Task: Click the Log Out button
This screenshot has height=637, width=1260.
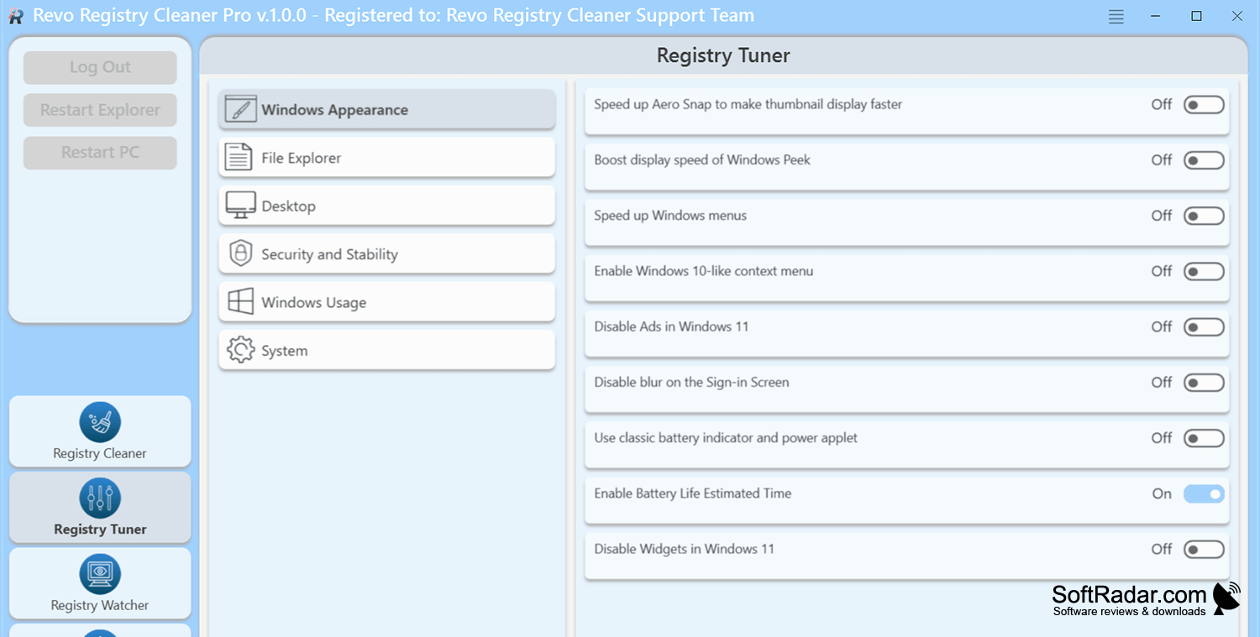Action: pos(100,67)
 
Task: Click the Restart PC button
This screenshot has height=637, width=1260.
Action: pos(100,153)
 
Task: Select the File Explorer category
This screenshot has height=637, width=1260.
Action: pos(387,158)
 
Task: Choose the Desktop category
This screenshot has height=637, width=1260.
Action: pos(387,206)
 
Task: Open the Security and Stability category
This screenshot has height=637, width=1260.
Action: pos(387,254)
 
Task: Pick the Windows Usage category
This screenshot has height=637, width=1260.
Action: pos(387,302)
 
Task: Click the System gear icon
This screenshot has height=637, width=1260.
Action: pos(241,350)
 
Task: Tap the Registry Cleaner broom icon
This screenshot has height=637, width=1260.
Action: pos(100,422)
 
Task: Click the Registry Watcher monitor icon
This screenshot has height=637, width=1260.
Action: pos(100,574)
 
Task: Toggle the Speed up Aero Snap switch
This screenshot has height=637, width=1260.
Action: pos(1204,105)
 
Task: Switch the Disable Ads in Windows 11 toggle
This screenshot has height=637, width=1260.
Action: pos(1204,326)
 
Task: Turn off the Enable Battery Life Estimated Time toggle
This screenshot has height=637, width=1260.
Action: pos(1204,493)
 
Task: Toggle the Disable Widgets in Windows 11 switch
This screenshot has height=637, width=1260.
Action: pos(1204,549)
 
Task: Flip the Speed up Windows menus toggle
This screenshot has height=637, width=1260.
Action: pos(1204,216)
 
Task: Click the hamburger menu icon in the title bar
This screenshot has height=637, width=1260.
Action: pos(1116,16)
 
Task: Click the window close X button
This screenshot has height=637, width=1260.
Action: pos(1237,16)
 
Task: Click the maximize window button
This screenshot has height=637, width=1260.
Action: pos(1196,16)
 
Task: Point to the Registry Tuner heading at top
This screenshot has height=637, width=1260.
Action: pos(723,55)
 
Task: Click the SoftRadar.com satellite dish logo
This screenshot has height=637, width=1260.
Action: pos(1226,598)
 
